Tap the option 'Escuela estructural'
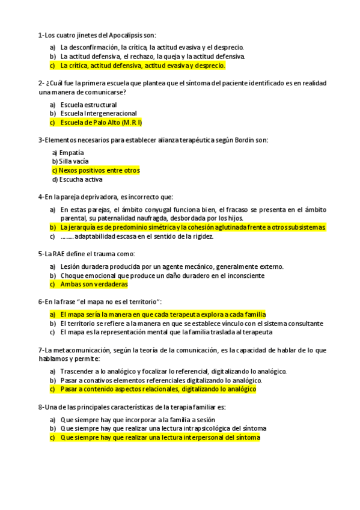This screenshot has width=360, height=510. (88, 105)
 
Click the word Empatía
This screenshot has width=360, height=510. (72, 153)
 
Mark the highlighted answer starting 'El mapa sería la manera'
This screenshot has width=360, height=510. (163, 315)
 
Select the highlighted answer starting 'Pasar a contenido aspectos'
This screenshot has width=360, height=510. (158, 390)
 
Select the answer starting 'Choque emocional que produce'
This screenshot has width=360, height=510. (162, 275)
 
